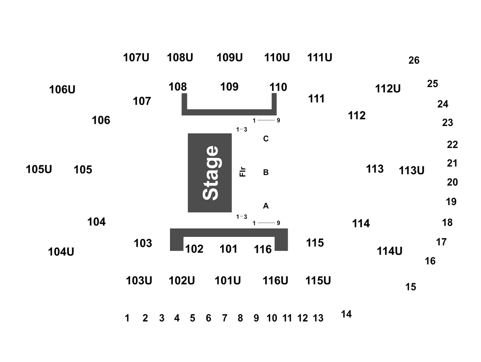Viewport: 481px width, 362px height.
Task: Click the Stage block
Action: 210,173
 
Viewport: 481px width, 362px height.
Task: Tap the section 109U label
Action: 230,57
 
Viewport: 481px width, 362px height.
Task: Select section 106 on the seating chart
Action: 101,120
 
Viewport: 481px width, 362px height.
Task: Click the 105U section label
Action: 39,170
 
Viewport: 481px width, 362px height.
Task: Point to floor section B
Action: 266,172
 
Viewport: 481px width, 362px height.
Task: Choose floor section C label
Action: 266,139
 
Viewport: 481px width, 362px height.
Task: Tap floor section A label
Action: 266,206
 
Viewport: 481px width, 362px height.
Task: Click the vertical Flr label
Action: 243,172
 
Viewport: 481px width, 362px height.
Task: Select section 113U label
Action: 412,170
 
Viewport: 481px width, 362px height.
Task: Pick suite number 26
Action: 414,60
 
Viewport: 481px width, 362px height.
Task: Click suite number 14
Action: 346,314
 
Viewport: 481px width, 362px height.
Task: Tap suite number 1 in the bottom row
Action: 127,318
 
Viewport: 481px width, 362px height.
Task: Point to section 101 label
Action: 229,249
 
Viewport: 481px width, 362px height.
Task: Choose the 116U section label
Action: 275,280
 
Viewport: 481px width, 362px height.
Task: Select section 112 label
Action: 357,115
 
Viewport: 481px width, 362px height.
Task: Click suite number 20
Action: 453,182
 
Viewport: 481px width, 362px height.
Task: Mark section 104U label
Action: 61,252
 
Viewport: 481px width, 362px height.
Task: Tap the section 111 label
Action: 316,99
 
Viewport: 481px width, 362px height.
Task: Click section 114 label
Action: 361,223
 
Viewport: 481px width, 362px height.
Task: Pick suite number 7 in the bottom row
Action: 224,318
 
